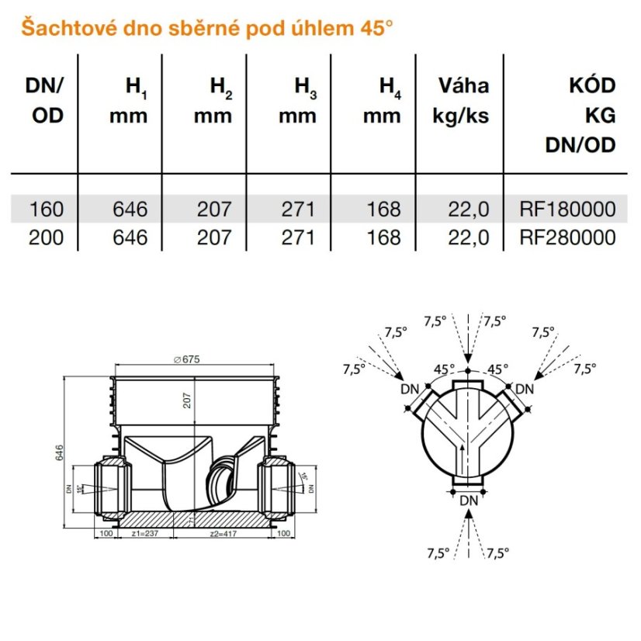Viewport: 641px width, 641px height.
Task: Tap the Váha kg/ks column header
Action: pos(463,101)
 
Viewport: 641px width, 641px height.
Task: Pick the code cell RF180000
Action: pos(568,209)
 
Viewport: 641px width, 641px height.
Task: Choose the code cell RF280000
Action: pos(568,236)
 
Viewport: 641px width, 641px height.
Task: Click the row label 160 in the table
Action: pos(46,209)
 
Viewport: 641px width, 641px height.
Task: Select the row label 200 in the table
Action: pos(46,236)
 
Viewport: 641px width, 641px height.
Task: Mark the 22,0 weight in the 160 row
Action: pos(469,209)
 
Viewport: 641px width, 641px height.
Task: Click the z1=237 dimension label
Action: pos(147,535)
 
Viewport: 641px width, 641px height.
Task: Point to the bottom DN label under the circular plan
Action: pos(468,501)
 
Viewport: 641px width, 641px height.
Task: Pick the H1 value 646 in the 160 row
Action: pos(129,209)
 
